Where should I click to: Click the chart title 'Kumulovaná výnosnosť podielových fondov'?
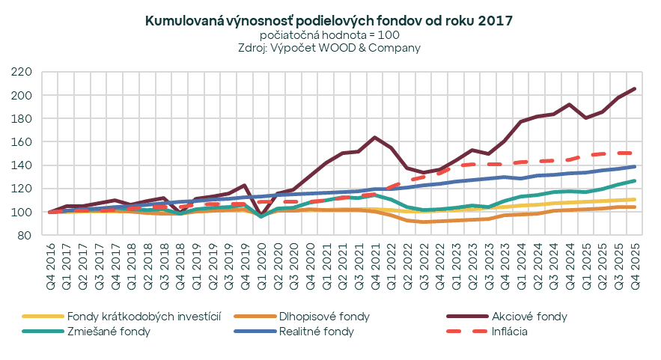(330, 21)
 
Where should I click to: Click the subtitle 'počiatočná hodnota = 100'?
(330, 35)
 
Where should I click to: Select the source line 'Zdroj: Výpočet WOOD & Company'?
(330, 48)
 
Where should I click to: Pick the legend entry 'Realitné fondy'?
(316, 332)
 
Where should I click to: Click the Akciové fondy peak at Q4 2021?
(375, 138)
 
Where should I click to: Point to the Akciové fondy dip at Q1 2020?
(261, 215)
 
